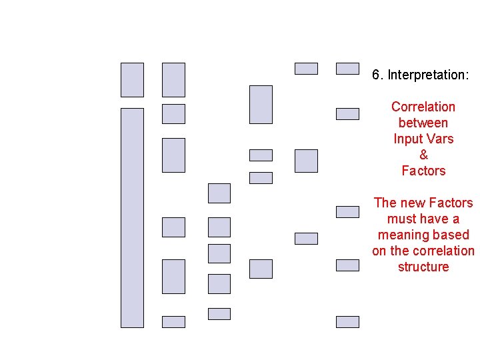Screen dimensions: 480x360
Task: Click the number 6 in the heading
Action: pyautogui.click(x=376, y=75)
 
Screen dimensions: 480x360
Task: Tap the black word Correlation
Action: pyautogui.click(x=423, y=107)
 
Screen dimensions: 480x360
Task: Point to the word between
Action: pyautogui.click(x=423, y=123)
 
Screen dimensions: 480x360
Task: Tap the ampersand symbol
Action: pyautogui.click(x=423, y=155)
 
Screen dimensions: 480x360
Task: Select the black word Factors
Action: pyautogui.click(x=423, y=171)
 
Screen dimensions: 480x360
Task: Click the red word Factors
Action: pyautogui.click(x=451, y=203)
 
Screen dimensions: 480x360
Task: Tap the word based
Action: pyautogui.click(x=453, y=235)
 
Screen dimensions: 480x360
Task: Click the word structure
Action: pyautogui.click(x=423, y=267)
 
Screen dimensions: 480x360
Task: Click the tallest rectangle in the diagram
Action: pyautogui.click(x=132, y=217)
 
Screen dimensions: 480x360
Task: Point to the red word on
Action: pyautogui.click(x=379, y=251)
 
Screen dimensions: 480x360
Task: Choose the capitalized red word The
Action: pyautogui.click(x=385, y=203)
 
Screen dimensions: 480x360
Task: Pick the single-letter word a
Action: pyautogui.click(x=456, y=219)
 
